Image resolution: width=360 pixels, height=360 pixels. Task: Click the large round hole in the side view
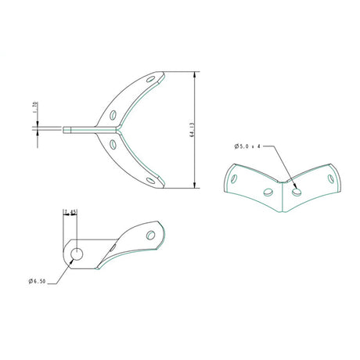[x=77, y=253]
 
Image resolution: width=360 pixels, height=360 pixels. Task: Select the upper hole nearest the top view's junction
[x=117, y=114]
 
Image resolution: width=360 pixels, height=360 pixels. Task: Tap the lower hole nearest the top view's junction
[x=116, y=143]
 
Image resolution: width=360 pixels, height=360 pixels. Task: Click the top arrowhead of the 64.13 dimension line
[x=194, y=74]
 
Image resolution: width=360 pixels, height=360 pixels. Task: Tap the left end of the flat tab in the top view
[x=64, y=129]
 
